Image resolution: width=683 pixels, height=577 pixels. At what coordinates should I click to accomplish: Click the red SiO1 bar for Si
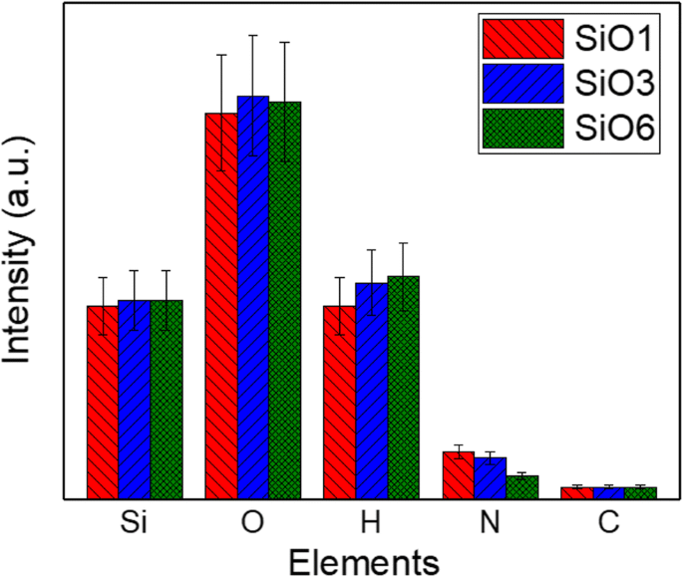(103, 402)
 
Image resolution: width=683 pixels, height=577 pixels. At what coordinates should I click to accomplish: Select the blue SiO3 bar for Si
(135, 399)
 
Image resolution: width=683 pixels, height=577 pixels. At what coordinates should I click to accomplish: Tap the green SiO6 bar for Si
(167, 399)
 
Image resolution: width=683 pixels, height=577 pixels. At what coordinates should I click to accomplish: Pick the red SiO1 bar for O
(221, 305)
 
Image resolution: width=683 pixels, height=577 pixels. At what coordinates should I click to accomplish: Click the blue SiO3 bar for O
(252, 297)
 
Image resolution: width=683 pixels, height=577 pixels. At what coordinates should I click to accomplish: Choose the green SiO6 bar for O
(284, 299)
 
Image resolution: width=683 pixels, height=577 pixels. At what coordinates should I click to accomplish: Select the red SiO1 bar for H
(339, 402)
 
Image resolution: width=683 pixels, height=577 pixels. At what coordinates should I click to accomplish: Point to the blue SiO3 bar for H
(371, 390)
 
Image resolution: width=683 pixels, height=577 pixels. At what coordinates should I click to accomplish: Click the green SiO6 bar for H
(403, 387)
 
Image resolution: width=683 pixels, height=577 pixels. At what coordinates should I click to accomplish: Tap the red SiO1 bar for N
(458, 474)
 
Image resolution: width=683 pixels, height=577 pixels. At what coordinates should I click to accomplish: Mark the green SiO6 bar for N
(521, 486)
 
